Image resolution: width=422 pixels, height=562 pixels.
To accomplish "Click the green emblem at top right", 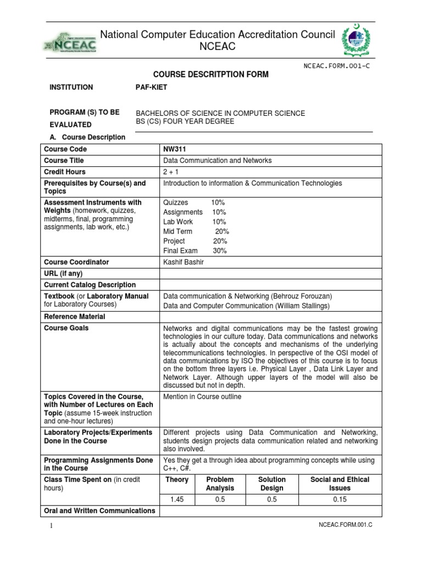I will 359,42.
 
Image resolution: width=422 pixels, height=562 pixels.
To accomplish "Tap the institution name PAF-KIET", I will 151,87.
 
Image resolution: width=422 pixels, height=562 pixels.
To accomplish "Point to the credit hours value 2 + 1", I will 172,172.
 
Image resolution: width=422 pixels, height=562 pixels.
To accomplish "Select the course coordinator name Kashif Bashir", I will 184,262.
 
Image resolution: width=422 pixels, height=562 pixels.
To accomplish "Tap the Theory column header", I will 176,480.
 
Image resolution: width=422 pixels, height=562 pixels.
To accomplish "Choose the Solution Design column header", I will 271,484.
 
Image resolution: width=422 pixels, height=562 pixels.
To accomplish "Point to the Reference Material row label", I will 74,317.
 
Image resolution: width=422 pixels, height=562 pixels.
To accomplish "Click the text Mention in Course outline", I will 202,397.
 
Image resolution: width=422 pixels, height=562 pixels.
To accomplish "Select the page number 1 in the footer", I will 51,526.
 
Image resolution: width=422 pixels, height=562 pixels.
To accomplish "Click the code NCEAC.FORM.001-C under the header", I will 338,65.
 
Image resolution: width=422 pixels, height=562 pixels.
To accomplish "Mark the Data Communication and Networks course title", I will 218,161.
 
